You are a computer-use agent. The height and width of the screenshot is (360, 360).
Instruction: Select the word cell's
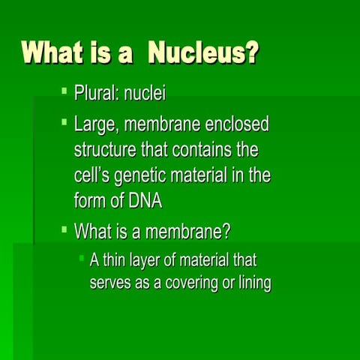pyautogui.click(x=94, y=176)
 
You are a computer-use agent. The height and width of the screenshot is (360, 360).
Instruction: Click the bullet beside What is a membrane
pyautogui.click(x=64, y=226)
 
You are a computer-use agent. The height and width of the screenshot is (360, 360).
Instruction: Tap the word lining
pyautogui.click(x=251, y=283)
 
